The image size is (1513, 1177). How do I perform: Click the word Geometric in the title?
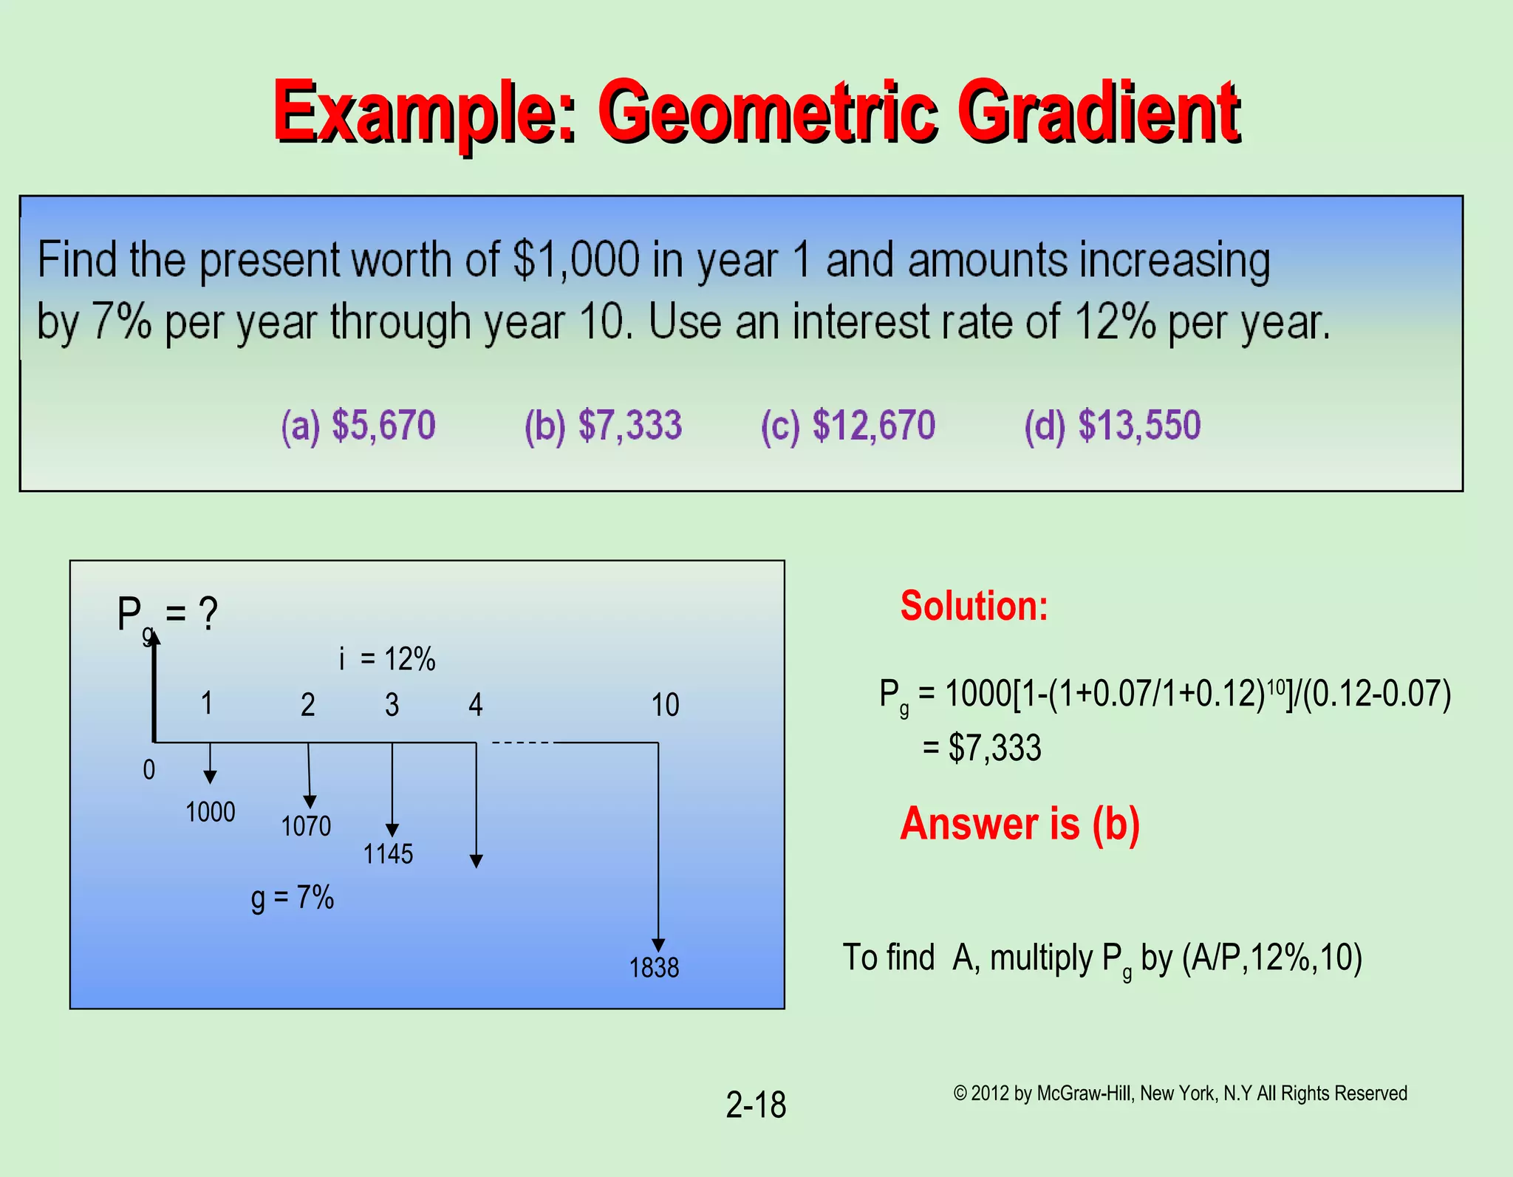pos(768,112)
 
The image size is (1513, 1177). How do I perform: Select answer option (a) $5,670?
pos(358,426)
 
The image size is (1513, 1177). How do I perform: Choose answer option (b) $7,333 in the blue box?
pos(603,426)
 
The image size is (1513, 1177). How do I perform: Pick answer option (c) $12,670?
pos(848,426)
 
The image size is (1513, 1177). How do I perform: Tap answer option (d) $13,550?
pos(1113,426)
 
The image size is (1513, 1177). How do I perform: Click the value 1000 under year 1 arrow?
pos(211,812)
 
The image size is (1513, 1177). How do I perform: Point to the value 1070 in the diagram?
pos(306,826)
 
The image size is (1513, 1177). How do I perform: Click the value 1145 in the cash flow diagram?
pos(388,854)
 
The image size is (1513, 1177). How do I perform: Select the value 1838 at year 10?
pos(654,968)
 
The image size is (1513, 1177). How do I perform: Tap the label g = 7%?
pos(293,898)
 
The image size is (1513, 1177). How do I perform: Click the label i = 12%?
pos(387,659)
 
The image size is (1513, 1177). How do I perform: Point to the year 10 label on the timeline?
pos(665,705)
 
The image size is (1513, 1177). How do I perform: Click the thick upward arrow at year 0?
pos(154,687)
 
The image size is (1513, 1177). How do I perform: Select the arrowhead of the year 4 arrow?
pos(477,861)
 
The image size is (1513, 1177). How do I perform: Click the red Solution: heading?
pos(974,606)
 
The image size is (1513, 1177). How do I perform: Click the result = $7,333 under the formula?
pos(983,748)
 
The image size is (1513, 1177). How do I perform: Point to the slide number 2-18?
pos(756,1105)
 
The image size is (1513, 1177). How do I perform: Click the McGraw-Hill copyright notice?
pos(1180,1094)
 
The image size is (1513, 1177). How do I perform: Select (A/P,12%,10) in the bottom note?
pos(1271,958)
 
